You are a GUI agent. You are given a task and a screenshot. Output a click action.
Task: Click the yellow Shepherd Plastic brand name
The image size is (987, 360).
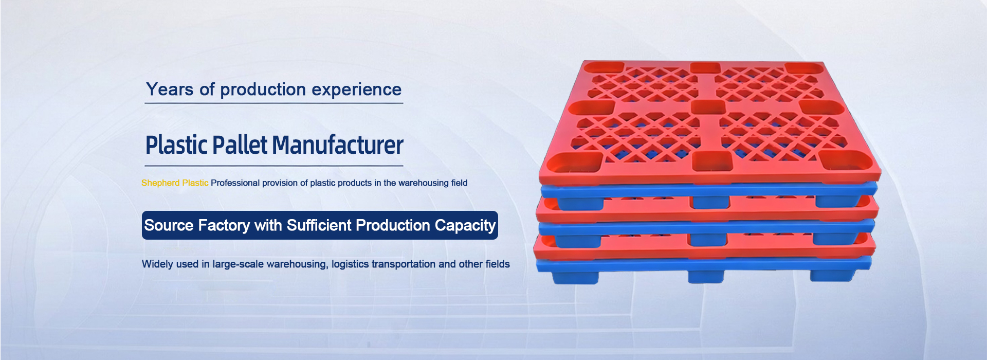point(175,183)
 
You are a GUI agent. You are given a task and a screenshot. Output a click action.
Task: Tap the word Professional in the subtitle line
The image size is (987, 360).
point(235,183)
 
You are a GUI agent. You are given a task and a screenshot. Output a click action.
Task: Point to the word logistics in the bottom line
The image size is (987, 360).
point(350,264)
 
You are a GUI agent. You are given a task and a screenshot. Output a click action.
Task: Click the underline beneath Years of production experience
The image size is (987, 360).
point(273,103)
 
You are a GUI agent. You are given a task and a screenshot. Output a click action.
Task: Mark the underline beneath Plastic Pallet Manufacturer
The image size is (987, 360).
point(274,166)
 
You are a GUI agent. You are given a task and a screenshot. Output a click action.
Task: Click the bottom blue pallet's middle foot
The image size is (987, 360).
point(706,277)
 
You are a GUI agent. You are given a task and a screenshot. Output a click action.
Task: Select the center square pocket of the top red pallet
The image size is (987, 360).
point(707,106)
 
